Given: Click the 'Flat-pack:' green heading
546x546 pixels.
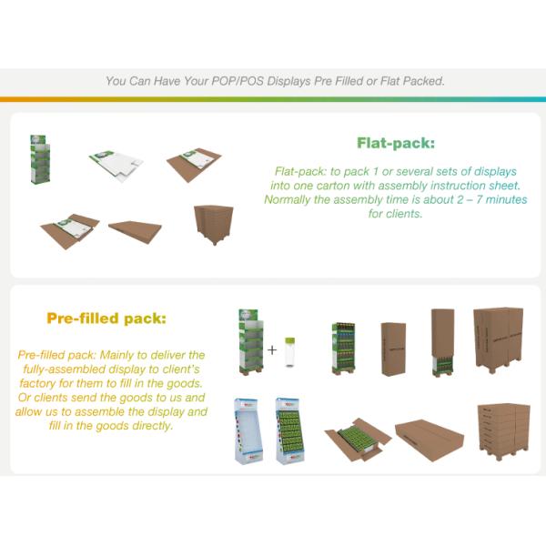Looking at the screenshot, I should (395, 143).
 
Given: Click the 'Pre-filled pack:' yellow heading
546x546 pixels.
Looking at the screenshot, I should (106, 318).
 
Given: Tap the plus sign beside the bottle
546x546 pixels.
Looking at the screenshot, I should (272, 349).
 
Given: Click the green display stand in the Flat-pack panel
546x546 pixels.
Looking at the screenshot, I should (38, 159).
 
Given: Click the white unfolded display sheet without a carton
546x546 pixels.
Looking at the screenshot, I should (116, 165).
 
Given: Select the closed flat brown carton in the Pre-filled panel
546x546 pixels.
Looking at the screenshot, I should (430, 439).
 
